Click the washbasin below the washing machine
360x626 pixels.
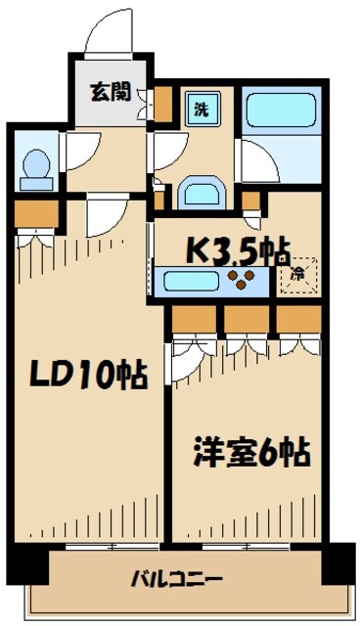coord(201,191)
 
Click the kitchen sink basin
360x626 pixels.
coord(190,282)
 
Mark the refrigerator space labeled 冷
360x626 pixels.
coord(296,274)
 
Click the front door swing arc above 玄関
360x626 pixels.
coord(110,34)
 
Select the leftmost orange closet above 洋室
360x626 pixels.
coord(196,321)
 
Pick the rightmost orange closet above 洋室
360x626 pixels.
coord(298,321)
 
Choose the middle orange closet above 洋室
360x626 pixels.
coord(247,321)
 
